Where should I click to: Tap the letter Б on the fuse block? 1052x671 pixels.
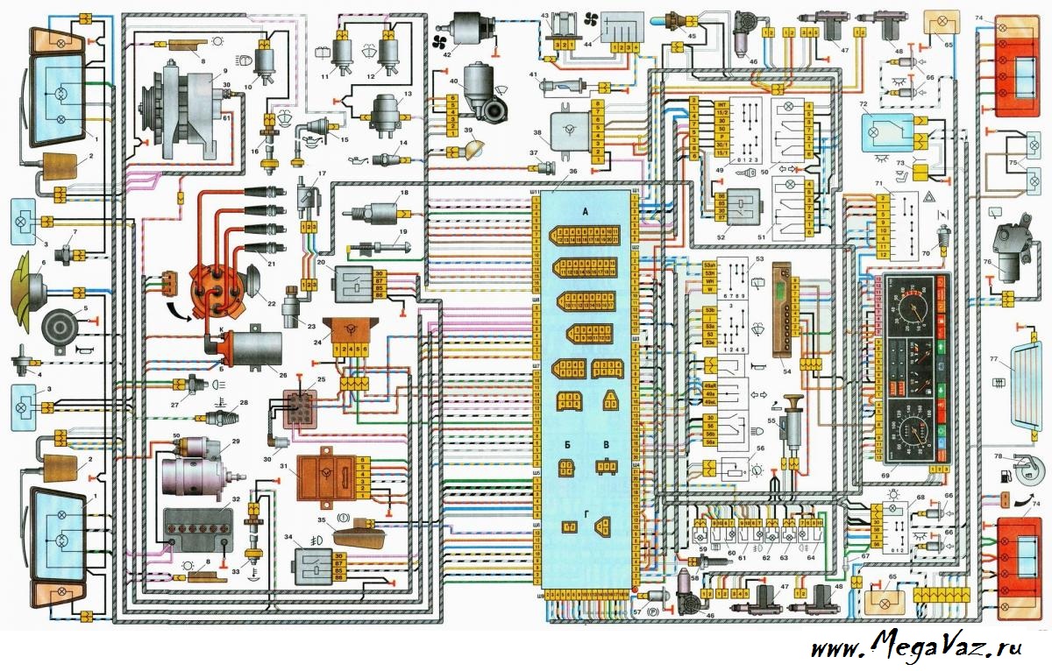point(568,446)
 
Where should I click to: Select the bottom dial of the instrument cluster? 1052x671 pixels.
point(913,428)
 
